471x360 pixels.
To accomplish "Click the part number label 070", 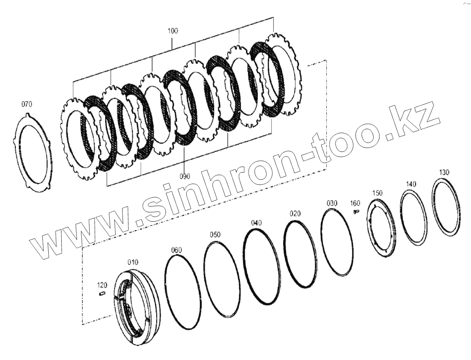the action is pyautogui.click(x=26, y=104).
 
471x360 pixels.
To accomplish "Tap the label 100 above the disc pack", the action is pyautogui.click(x=173, y=31).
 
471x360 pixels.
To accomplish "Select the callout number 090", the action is pyautogui.click(x=185, y=176).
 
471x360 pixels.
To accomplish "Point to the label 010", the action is pyautogui.click(x=133, y=263).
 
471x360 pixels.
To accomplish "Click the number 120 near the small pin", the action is pyautogui.click(x=102, y=285).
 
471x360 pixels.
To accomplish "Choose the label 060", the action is pyautogui.click(x=176, y=250).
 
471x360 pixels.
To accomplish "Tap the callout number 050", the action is pyautogui.click(x=215, y=235).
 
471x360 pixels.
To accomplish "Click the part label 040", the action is pyautogui.click(x=256, y=223).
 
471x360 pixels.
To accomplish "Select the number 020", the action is pyautogui.click(x=295, y=214).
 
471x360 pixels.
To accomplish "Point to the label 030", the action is pyautogui.click(x=332, y=204).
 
